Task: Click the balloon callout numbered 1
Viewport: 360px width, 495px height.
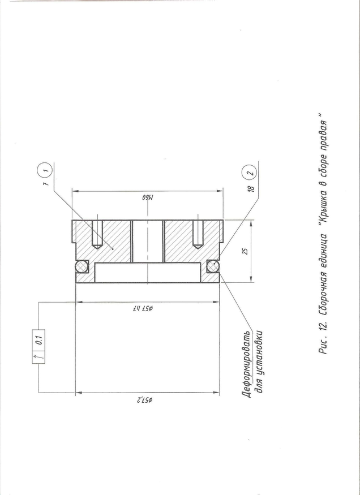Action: pyautogui.click(x=46, y=170)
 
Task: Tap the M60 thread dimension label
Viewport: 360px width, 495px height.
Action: pyautogui.click(x=148, y=198)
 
